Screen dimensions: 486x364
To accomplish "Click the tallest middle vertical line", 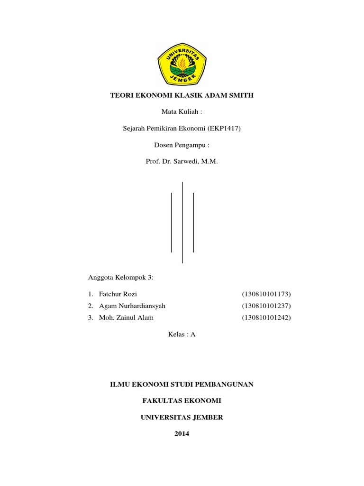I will click(x=182, y=222).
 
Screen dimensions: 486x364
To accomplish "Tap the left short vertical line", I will click(x=171, y=222).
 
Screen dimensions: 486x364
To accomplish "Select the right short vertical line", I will click(x=193, y=222).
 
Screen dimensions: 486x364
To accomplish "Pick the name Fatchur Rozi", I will click(x=118, y=294).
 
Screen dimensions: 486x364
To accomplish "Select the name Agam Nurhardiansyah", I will click(x=132, y=306).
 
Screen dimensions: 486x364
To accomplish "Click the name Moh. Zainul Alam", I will click(x=126, y=318).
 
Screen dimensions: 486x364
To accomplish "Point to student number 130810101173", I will click(x=266, y=294).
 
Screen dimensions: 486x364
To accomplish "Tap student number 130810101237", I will click(x=266, y=306).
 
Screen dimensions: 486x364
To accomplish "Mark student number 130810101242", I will click(x=266, y=318).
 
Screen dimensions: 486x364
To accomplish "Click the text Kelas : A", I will click(x=182, y=334).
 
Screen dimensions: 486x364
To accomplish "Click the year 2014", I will click(x=182, y=434).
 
